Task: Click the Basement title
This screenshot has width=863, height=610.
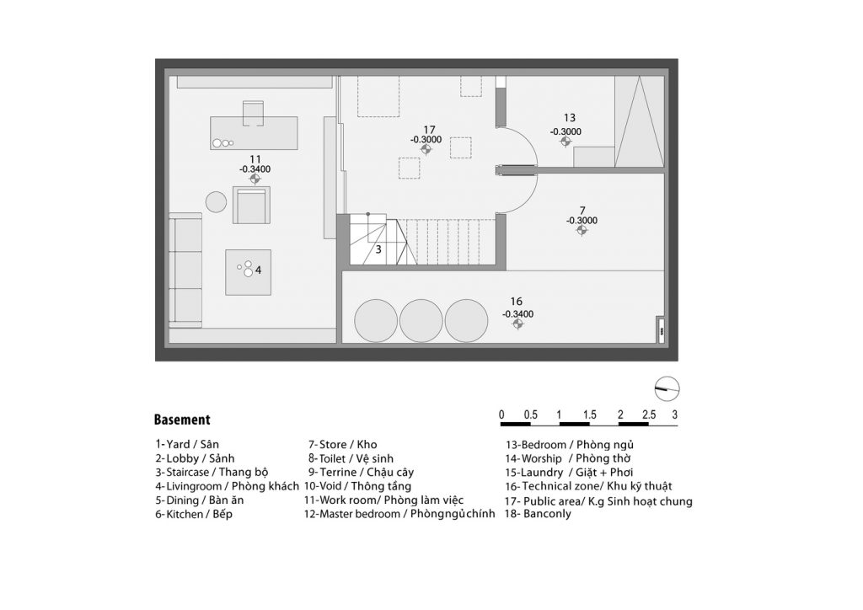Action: pyautogui.click(x=182, y=420)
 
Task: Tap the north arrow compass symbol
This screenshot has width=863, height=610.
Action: pyautogui.click(x=667, y=389)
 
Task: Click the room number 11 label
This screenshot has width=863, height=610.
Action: pyautogui.click(x=255, y=160)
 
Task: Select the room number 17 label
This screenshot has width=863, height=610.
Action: pyautogui.click(x=429, y=131)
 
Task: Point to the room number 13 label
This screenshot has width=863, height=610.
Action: pyautogui.click(x=570, y=118)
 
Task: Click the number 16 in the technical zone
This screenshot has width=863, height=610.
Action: pyautogui.click(x=517, y=302)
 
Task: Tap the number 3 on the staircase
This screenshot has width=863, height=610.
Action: pyautogui.click(x=378, y=249)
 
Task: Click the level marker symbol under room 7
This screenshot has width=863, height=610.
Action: pyautogui.click(x=582, y=231)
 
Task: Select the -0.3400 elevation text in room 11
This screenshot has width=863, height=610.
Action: pyautogui.click(x=255, y=169)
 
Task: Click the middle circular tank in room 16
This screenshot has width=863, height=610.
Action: pyautogui.click(x=421, y=321)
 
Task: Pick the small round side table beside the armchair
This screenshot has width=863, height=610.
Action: pyautogui.click(x=217, y=202)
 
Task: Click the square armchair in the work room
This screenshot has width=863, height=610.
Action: pyautogui.click(x=251, y=205)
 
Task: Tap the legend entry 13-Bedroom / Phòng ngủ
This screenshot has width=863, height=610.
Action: pyautogui.click(x=570, y=445)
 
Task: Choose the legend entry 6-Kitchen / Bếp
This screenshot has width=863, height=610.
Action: pyautogui.click(x=194, y=514)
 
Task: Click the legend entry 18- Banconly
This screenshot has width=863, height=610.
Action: pyautogui.click(x=539, y=514)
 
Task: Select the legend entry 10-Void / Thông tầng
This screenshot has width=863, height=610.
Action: pyautogui.click(x=357, y=486)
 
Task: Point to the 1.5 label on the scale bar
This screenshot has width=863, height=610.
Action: pyautogui.click(x=589, y=415)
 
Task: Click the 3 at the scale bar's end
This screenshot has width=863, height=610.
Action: pyautogui.click(x=675, y=415)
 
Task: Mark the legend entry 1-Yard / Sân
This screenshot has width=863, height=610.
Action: pyautogui.click(x=187, y=444)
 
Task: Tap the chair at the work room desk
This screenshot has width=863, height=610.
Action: pyautogui.click(x=253, y=113)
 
